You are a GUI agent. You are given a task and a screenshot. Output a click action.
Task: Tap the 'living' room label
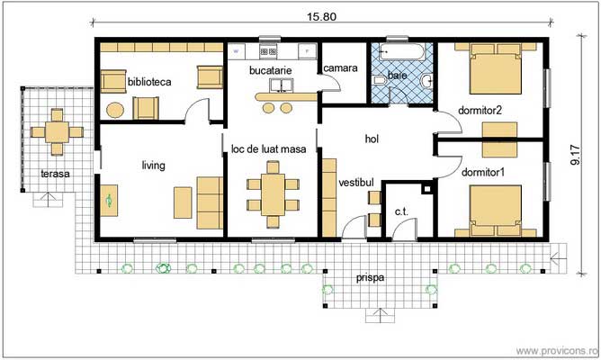(155, 165)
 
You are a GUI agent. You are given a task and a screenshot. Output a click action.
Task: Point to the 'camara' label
(341, 68)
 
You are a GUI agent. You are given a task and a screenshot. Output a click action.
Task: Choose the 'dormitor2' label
(480, 111)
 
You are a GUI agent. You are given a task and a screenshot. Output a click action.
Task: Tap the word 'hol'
(372, 139)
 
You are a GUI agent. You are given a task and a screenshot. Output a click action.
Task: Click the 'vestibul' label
(355, 183)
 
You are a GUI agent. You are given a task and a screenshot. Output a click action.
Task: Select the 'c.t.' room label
(401, 211)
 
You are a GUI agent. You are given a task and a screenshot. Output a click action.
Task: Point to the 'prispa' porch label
(370, 278)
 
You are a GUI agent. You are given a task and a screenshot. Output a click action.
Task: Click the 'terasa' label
(55, 173)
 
